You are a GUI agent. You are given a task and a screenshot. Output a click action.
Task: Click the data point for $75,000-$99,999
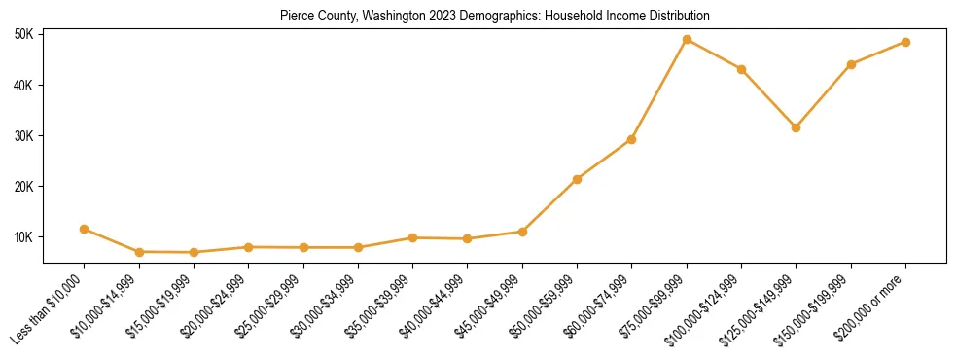pos(687,40)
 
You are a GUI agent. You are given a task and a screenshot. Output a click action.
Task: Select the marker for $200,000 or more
pos(905,43)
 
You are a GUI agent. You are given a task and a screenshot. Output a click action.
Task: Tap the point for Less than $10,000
pos(85,230)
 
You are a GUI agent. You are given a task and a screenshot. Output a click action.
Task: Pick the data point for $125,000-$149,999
pos(797,127)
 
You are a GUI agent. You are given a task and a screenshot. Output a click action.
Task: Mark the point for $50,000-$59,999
pos(578,179)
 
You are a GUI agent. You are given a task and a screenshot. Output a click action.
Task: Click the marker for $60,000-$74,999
pos(632,139)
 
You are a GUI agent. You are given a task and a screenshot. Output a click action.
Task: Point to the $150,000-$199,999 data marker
pos(851,65)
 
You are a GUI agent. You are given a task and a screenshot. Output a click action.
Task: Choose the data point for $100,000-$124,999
pos(742,70)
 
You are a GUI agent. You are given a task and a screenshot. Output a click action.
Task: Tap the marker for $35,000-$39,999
pos(413,237)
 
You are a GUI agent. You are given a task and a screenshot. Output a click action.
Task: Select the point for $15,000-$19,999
pos(195,253)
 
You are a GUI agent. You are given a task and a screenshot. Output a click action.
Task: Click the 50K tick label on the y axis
pos(24,35)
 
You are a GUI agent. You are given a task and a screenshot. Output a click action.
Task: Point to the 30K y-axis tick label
pos(24,136)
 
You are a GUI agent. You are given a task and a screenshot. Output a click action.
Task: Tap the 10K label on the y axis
pos(24,237)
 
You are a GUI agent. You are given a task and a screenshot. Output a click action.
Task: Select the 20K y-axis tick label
pos(24,187)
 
